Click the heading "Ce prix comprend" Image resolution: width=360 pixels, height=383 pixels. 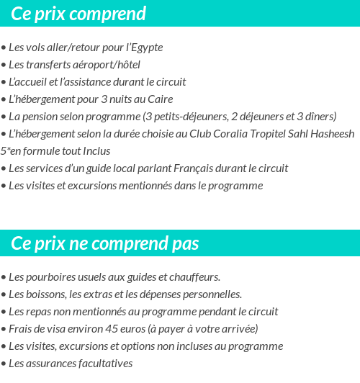[78, 14]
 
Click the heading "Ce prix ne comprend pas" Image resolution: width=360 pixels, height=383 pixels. [104, 243]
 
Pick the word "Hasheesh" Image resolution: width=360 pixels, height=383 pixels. [330, 134]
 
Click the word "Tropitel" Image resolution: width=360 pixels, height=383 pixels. [271, 134]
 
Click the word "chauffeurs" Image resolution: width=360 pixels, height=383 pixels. [195, 277]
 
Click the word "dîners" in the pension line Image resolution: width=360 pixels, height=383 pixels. [320, 117]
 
